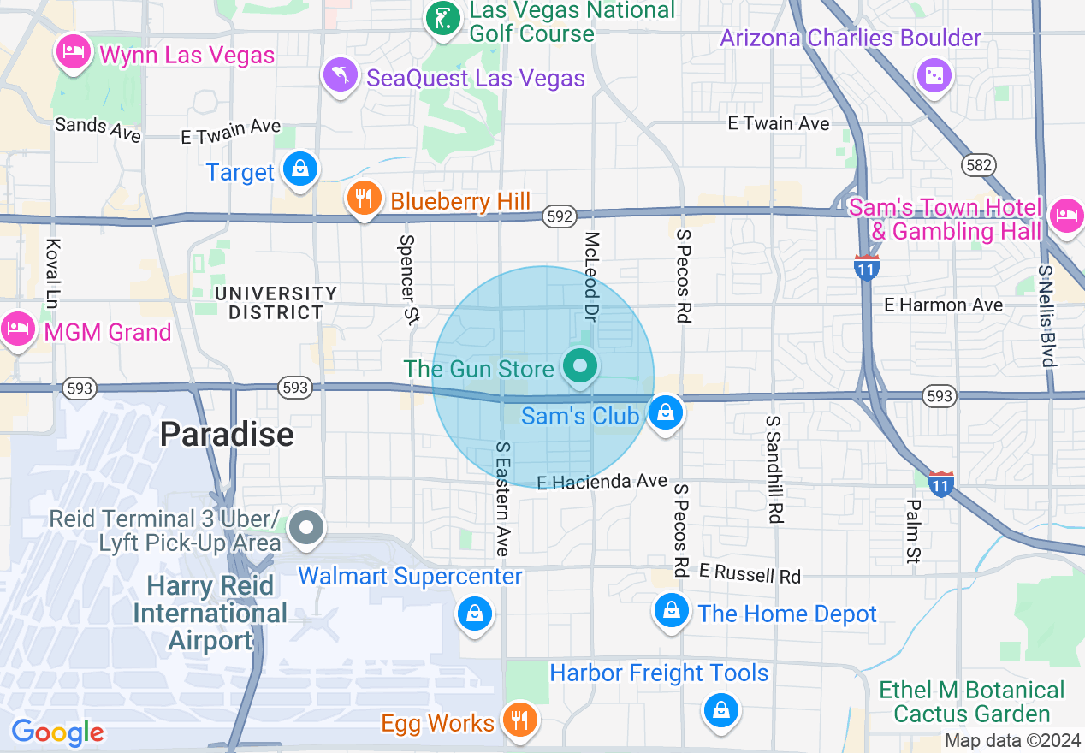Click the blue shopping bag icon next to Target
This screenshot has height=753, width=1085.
tap(300, 169)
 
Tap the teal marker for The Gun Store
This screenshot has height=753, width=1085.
tap(580, 368)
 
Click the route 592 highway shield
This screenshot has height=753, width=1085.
tap(558, 217)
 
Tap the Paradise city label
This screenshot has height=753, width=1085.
tap(227, 435)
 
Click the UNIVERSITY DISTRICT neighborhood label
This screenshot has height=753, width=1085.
tap(276, 303)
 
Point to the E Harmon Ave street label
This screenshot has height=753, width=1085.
tap(944, 305)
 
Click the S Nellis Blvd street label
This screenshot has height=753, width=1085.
tap(1046, 315)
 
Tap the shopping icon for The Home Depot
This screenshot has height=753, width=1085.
tap(672, 611)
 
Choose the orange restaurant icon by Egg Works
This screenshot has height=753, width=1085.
tap(519, 720)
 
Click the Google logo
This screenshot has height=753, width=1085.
tap(57, 732)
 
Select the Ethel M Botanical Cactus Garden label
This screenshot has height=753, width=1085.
tap(971, 702)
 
